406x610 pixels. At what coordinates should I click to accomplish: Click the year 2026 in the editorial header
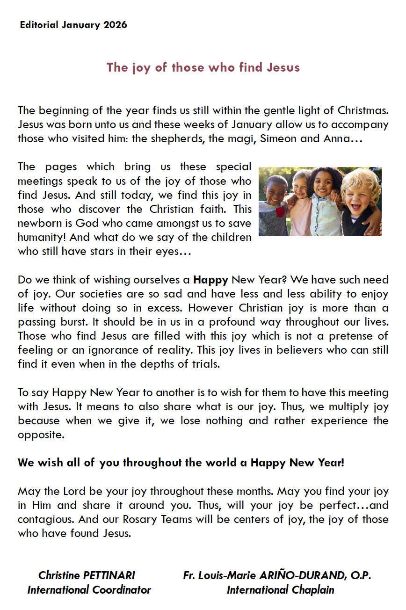pos(116,25)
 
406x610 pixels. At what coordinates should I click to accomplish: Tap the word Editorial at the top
pos(39,25)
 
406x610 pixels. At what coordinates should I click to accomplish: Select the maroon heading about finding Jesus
pos(203,67)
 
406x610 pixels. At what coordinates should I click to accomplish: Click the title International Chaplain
pos(280,590)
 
